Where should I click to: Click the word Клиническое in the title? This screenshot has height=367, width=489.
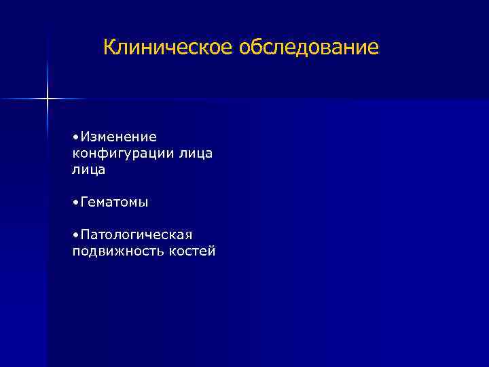pyautogui.click(x=168, y=48)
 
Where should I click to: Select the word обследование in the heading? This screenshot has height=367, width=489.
pyautogui.click(x=309, y=48)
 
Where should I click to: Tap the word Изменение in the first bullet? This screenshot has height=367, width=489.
pyautogui.click(x=118, y=137)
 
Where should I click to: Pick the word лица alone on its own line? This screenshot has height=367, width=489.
pyautogui.click(x=88, y=170)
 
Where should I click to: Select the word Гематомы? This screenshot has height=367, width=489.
pyautogui.click(x=114, y=203)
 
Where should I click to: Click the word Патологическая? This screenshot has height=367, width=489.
pyautogui.click(x=136, y=235)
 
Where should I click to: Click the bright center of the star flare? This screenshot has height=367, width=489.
pyautogui.click(x=48, y=99)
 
